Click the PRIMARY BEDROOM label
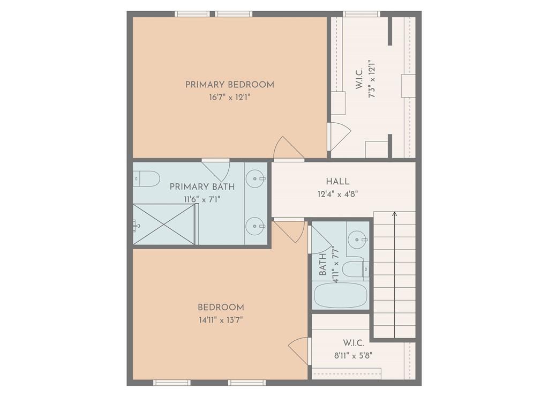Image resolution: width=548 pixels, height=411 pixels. tap(229, 85)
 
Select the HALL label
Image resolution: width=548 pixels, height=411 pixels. tap(337, 182)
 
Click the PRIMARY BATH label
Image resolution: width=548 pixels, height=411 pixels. tap(202, 186)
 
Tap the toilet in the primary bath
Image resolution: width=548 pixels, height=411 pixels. tap(147, 178)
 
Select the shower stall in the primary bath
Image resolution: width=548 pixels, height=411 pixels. tap(164, 225)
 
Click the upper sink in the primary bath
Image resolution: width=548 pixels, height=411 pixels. tap(255, 178)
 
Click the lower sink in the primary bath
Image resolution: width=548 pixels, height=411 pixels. tap(255, 226)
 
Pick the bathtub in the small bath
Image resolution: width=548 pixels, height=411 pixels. tap(340, 295)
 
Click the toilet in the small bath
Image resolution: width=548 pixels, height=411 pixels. tap(355, 270)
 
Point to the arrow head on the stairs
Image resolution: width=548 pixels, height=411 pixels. tap(394, 214)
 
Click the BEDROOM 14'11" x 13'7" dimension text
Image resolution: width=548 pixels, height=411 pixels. tap(221, 320)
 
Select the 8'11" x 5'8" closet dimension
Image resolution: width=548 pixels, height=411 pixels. tap(354, 354)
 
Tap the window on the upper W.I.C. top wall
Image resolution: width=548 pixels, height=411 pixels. tap(361, 14)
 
